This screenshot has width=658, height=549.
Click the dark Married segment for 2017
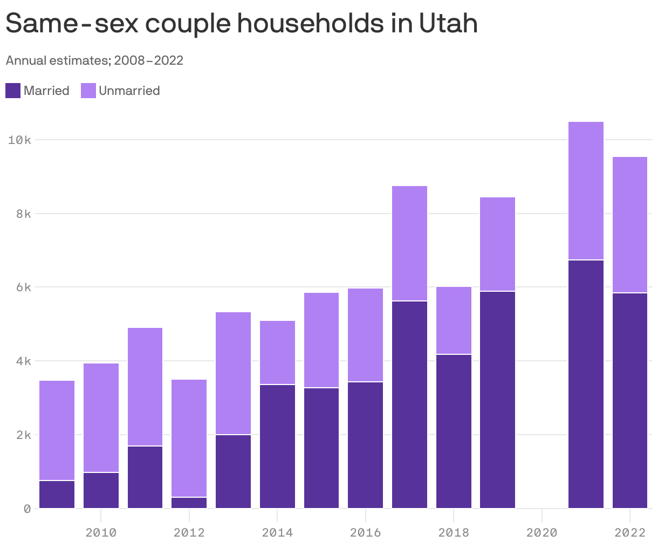(x=409, y=404)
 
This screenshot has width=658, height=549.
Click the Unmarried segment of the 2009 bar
(x=57, y=430)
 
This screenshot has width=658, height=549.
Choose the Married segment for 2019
(x=497, y=400)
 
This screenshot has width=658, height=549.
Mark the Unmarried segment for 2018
(x=454, y=320)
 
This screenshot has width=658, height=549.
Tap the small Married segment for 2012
(x=189, y=503)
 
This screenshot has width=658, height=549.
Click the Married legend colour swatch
(x=13, y=91)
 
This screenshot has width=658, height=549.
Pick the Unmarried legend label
(x=129, y=91)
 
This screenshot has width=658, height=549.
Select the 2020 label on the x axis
(x=542, y=533)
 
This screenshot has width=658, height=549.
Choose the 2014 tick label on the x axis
(x=277, y=533)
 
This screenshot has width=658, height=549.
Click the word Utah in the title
(x=448, y=24)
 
